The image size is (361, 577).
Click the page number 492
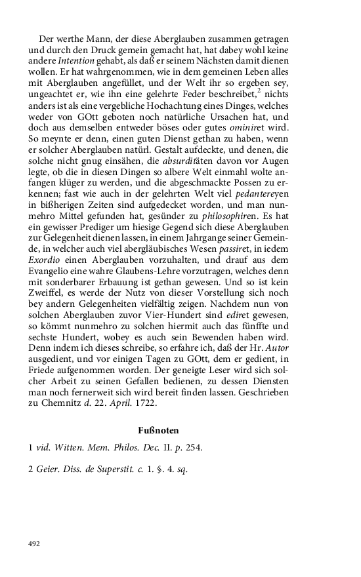(x=35, y=544)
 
